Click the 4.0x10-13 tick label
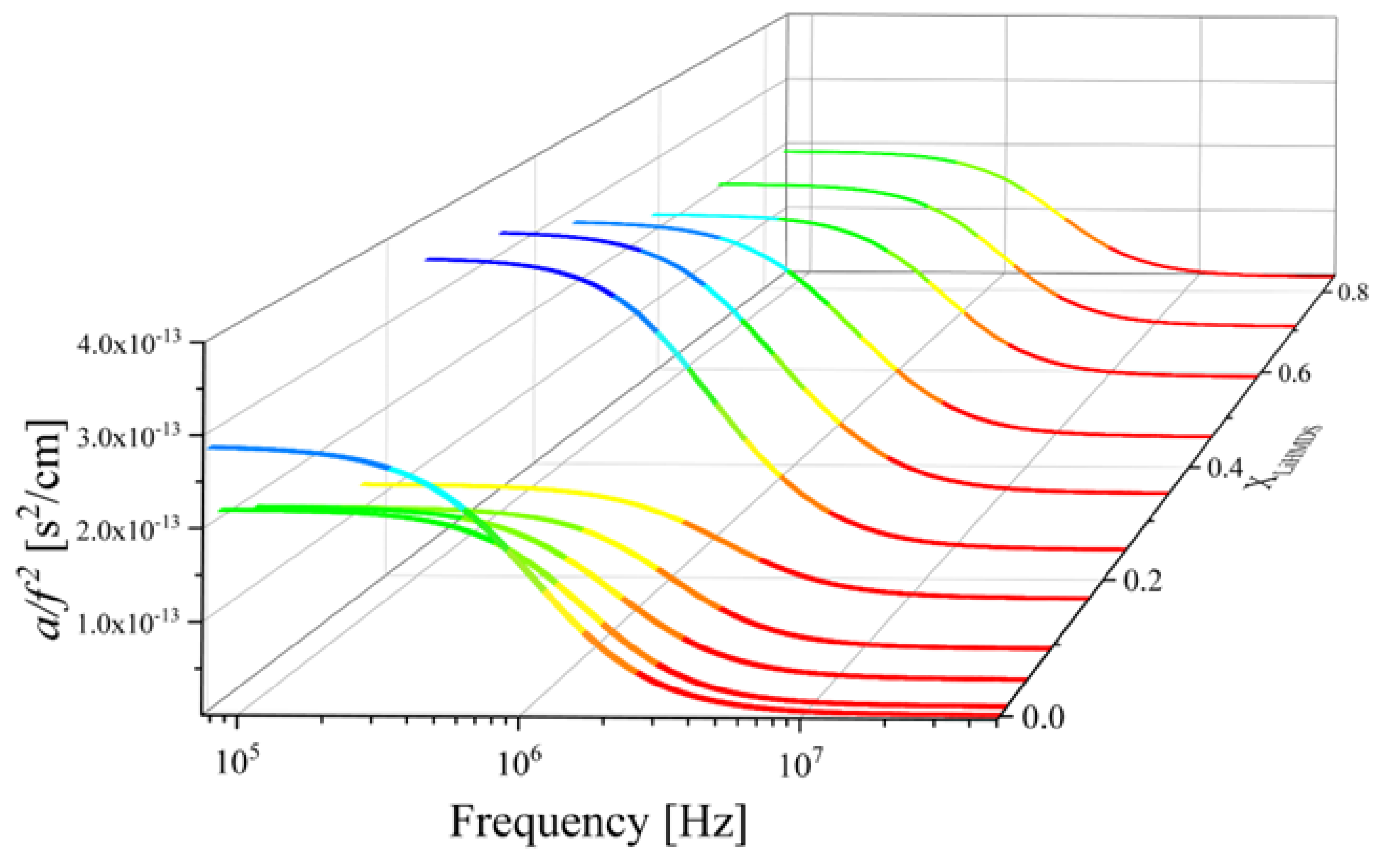pos(128,343)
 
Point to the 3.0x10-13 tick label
pos(128,437)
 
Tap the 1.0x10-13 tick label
pos(128,623)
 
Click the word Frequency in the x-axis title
pos(549,823)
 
